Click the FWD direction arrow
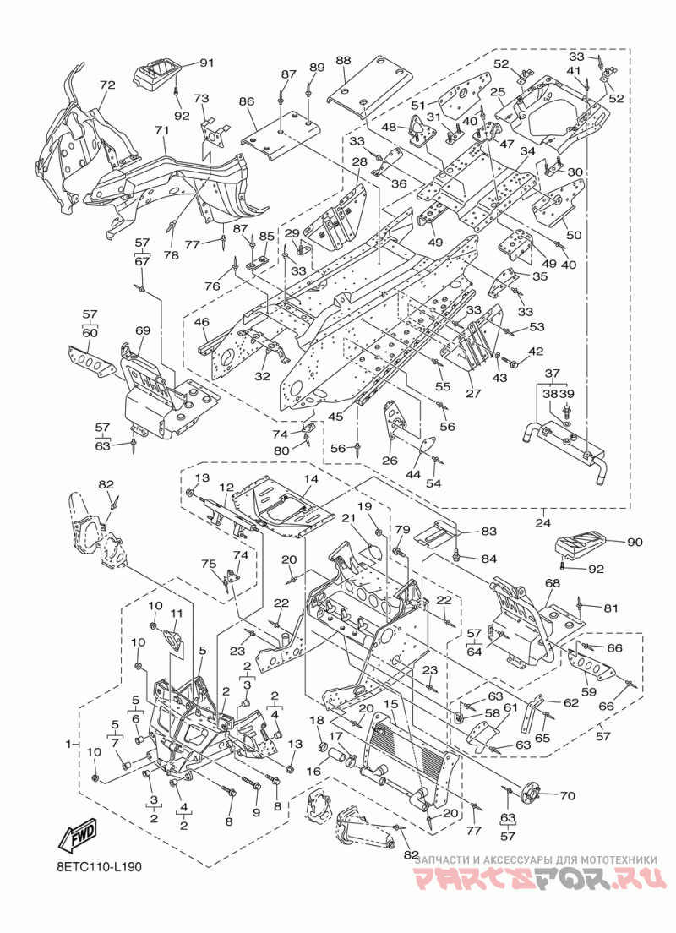[78, 837]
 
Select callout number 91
[206, 63]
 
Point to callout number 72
[107, 85]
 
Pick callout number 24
[543, 523]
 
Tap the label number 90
[635, 542]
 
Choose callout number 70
[568, 795]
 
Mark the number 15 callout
[390, 704]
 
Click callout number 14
[311, 479]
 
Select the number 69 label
[143, 330]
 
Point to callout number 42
[535, 352]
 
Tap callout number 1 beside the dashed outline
[68, 744]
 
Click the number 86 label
[247, 101]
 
